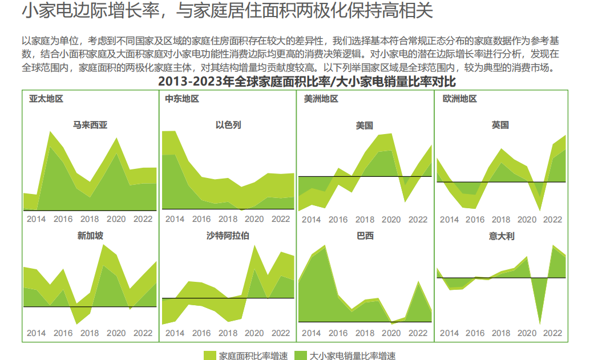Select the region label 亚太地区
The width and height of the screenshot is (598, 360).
tap(46, 99)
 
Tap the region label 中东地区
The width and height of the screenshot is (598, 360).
tap(182, 99)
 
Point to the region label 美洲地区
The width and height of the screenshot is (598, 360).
tap(321, 99)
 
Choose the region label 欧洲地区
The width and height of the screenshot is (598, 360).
tap(459, 99)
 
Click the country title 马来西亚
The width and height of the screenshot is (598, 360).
tap(90, 125)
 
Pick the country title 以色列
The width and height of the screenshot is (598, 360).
tap(228, 125)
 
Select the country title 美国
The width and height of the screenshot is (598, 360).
tap(364, 125)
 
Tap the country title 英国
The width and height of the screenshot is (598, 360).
tap(500, 125)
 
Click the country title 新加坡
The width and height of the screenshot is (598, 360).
tap(90, 235)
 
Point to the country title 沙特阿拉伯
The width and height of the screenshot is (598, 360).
tap(228, 235)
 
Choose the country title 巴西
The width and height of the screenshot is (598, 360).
tap(364, 235)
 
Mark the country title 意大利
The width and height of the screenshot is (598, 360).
tap(500, 235)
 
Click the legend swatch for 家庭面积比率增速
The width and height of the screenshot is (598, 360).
tap(210, 355)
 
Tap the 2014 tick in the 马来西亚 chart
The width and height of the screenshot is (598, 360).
tap(36, 219)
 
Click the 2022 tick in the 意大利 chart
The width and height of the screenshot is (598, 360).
tap(552, 333)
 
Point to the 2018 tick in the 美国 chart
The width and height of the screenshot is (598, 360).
tap(365, 220)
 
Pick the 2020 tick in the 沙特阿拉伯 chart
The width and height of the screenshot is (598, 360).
tap(254, 333)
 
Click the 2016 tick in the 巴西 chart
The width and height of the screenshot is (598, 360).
tap(338, 333)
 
